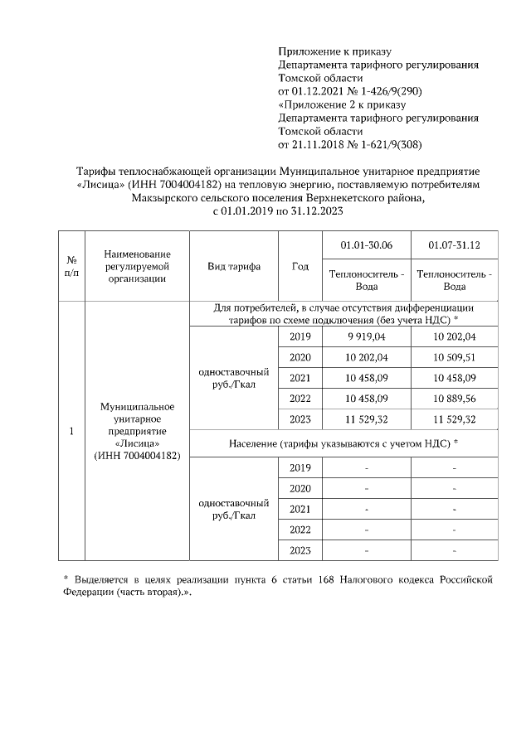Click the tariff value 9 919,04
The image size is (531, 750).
(367, 337)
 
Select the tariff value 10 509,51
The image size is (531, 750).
(454, 358)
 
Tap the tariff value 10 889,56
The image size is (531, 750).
(454, 399)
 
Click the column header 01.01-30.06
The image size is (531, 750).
(367, 245)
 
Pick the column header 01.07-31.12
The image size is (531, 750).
(454, 245)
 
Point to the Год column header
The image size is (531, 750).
(300, 266)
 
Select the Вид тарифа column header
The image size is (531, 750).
(234, 266)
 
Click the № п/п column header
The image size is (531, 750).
(71, 266)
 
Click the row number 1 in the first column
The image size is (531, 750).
(71, 432)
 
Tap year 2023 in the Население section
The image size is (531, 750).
(300, 550)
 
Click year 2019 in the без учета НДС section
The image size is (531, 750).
(300, 337)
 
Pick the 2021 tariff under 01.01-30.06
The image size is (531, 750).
(367, 378)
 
